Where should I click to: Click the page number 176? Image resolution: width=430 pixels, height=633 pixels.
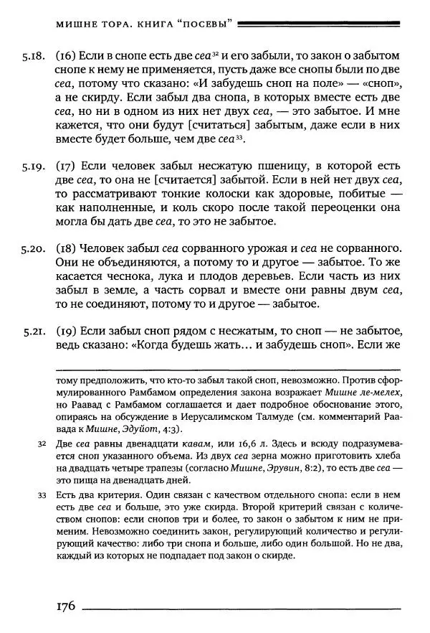coord(65,606)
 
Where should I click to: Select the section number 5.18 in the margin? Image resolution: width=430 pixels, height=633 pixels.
coord(33,55)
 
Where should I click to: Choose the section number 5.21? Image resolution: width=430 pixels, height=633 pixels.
coord(33,332)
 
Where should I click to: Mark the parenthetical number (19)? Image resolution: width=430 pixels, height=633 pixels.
coord(67,332)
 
